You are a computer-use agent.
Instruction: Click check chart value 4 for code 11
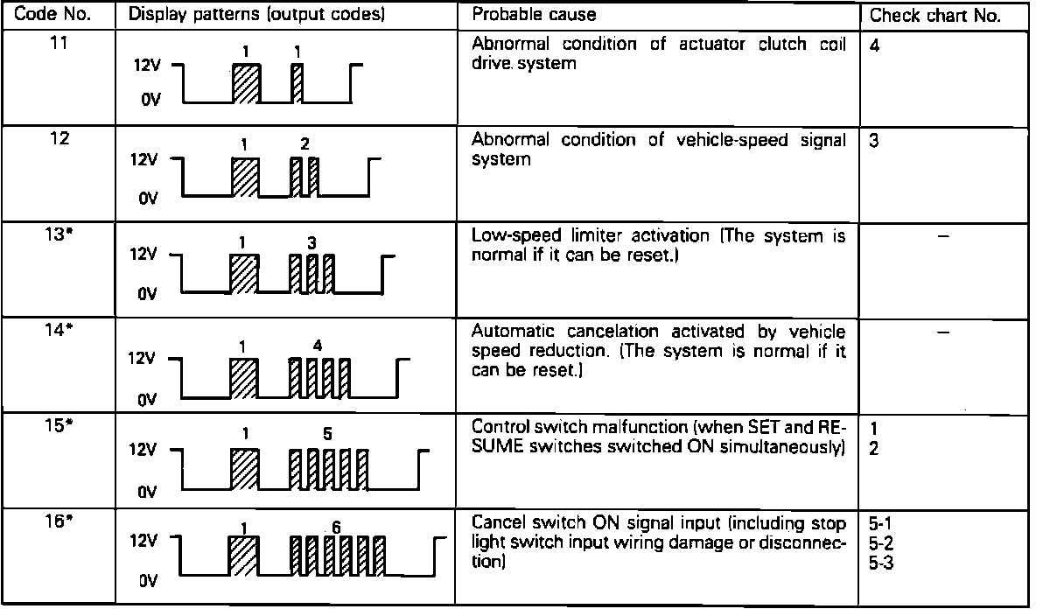[x=876, y=45]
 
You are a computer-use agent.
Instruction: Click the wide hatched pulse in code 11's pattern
[x=247, y=84]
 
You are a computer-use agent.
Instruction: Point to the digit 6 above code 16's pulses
[x=335, y=527]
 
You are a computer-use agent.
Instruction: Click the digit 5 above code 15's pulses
[x=326, y=432]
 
